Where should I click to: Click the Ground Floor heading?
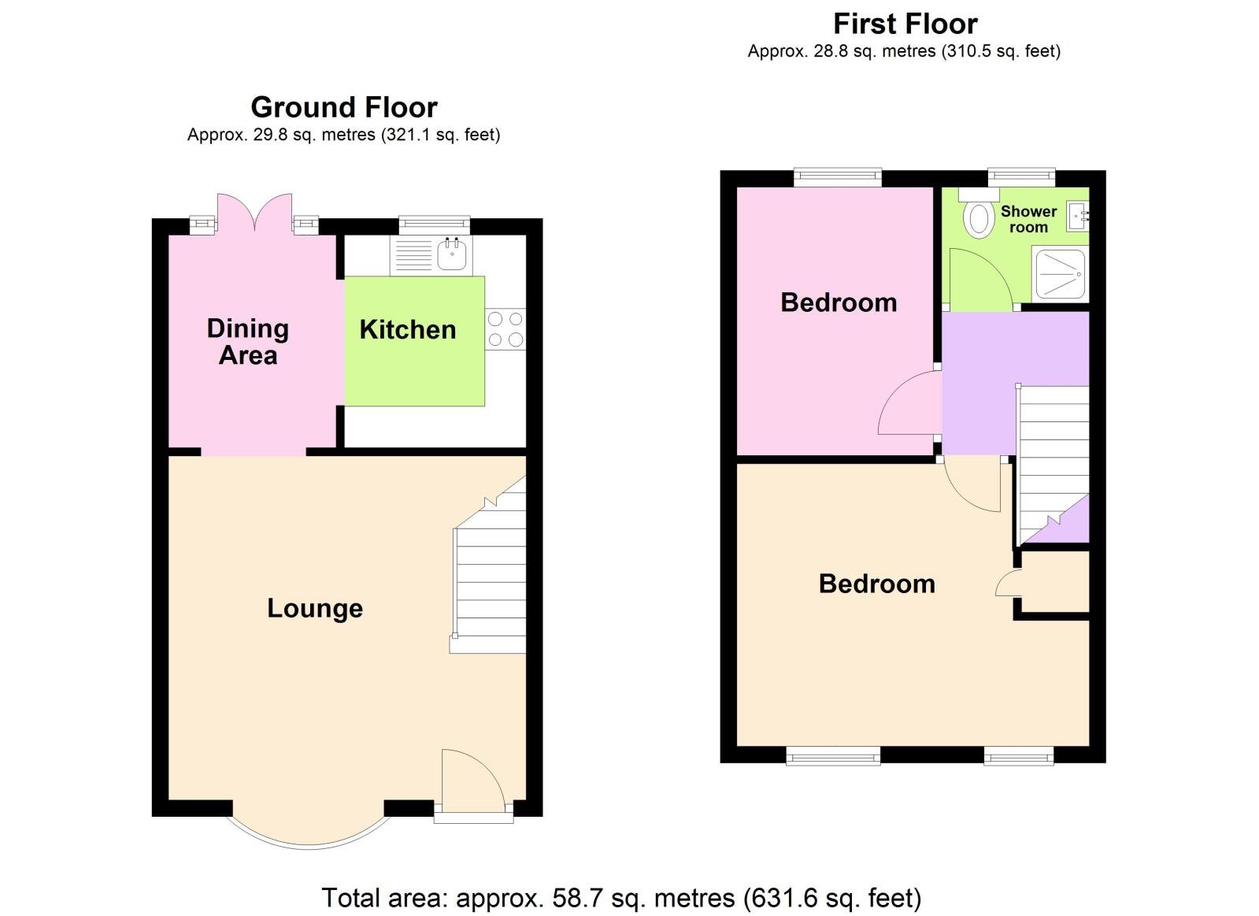(x=343, y=107)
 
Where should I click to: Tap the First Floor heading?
(x=905, y=24)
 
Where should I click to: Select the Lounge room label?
(x=315, y=608)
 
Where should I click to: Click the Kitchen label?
(x=408, y=329)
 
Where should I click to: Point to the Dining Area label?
(x=248, y=342)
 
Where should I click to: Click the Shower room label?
(x=1028, y=219)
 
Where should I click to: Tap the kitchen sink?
(x=453, y=254)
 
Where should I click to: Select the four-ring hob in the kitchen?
(x=505, y=329)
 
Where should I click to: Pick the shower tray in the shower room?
(x=1060, y=273)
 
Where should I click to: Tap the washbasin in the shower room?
(x=1079, y=215)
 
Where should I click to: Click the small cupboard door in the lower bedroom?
(x=1009, y=584)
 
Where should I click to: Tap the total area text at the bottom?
(x=620, y=898)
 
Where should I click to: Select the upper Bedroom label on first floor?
(x=839, y=302)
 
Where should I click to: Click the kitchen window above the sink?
(x=434, y=225)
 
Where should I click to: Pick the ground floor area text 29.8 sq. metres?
(x=343, y=135)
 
